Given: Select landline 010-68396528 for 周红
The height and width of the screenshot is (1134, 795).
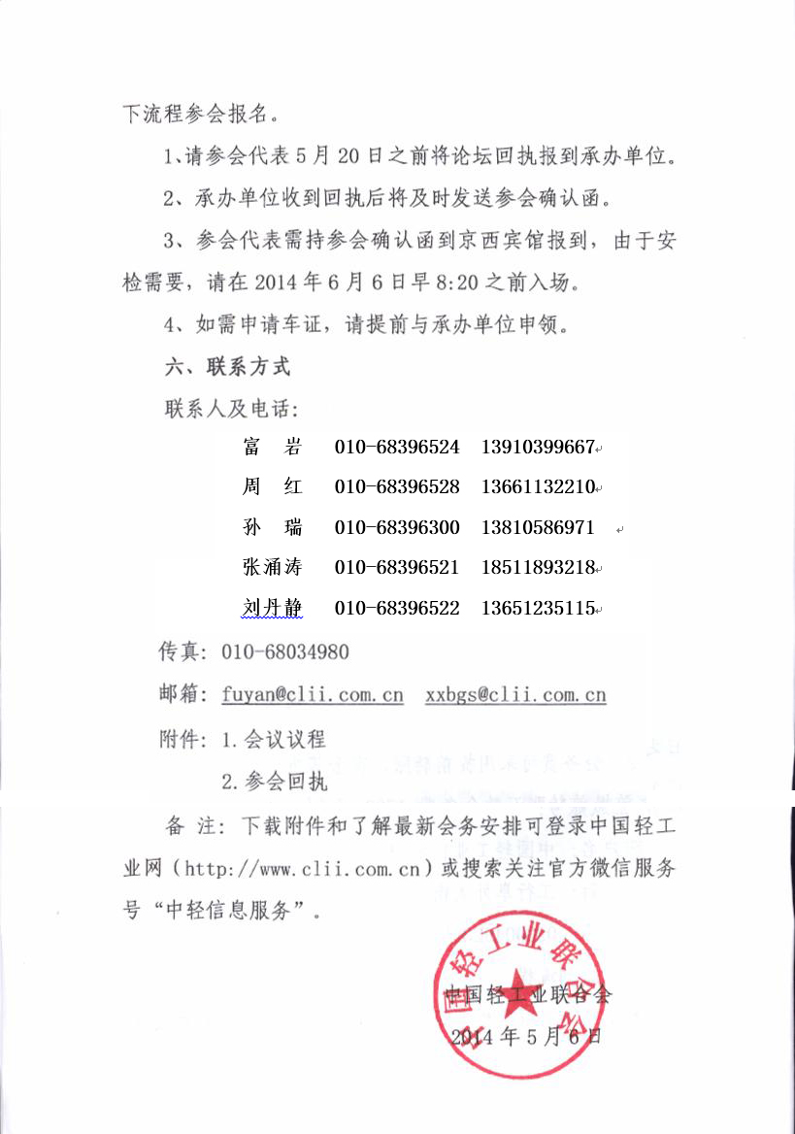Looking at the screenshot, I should (x=397, y=486).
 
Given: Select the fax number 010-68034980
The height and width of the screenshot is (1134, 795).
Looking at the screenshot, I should (x=285, y=652).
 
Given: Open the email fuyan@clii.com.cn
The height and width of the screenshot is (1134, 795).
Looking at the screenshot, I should (x=313, y=695).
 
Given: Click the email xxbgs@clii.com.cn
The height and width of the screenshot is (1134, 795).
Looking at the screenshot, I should (x=515, y=695).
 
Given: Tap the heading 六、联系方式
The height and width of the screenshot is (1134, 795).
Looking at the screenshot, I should (x=228, y=367).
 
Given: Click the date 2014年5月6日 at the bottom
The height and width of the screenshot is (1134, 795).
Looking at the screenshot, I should (x=526, y=1036).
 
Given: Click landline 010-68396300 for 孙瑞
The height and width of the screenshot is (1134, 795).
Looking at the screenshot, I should (x=397, y=528).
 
